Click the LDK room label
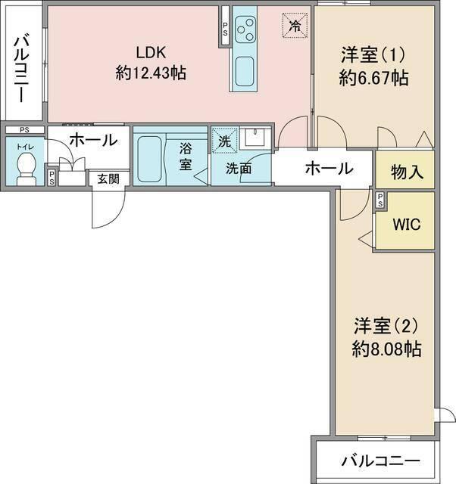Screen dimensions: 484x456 point(151,52)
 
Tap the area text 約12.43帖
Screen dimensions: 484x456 point(151,73)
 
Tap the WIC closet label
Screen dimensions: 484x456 point(405,225)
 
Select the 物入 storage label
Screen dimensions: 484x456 point(406,172)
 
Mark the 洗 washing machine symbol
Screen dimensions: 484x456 point(223,140)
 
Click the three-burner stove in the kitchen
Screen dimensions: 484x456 point(245,30)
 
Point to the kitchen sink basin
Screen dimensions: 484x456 point(245,73)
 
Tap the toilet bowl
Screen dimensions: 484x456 point(27,165)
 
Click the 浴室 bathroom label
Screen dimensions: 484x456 point(186,156)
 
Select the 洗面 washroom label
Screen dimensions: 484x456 point(239,169)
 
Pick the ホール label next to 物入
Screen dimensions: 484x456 point(328,168)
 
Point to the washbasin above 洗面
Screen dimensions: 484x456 point(254,139)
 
